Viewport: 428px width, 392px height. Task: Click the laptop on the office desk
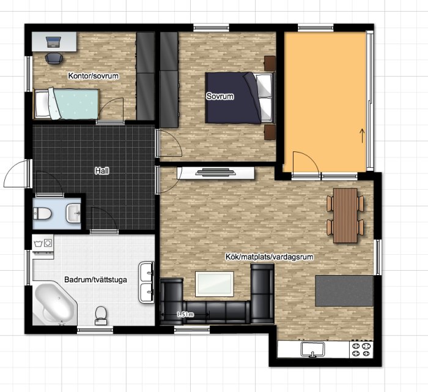tap(53, 42)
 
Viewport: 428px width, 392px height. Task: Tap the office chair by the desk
tap(54, 58)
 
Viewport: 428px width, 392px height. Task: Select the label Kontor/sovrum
tap(94, 76)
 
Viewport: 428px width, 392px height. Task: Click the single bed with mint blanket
tap(66, 104)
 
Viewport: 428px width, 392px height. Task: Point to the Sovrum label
tap(220, 96)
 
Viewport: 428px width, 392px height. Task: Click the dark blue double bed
tap(240, 97)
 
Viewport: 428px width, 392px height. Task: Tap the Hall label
tap(102, 171)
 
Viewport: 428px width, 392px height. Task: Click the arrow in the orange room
tap(363, 135)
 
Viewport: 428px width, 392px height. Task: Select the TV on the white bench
tap(215, 173)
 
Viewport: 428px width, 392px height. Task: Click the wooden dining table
tap(345, 216)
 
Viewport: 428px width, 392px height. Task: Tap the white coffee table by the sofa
tap(215, 284)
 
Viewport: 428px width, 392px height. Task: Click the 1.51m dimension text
tap(185, 315)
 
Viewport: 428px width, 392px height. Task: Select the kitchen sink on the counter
tap(313, 350)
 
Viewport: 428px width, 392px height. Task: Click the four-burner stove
tap(361, 349)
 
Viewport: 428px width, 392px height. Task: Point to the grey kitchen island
tap(344, 291)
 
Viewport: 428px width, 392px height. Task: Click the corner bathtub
tap(56, 304)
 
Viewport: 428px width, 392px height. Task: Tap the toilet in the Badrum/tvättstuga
tap(101, 315)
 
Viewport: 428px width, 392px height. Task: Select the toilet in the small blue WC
tap(42, 214)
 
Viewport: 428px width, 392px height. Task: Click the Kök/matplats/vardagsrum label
tap(269, 257)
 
